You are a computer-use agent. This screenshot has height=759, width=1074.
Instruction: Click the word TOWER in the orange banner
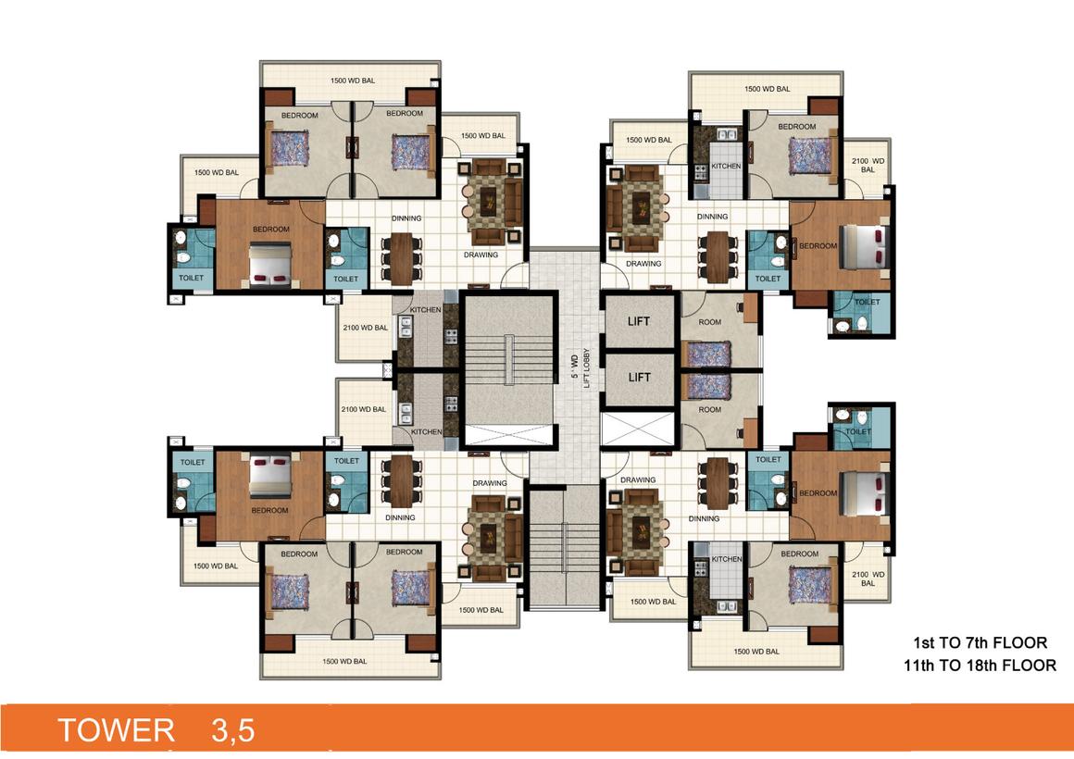click(116, 729)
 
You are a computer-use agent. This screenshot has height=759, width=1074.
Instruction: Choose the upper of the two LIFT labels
click(639, 322)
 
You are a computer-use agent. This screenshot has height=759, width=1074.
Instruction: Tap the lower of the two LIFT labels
click(639, 378)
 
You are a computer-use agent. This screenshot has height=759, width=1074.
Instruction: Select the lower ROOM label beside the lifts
click(709, 409)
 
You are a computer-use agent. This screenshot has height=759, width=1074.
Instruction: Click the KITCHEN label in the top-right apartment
click(725, 167)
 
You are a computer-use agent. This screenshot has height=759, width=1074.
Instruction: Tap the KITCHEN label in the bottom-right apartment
click(726, 559)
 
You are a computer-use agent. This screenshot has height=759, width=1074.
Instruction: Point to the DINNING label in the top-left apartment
click(406, 218)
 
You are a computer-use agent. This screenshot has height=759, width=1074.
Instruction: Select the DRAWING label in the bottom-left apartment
click(489, 483)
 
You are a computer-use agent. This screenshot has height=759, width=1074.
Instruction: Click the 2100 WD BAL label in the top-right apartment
click(868, 165)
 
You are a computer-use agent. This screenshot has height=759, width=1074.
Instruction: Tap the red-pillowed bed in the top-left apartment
click(269, 264)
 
